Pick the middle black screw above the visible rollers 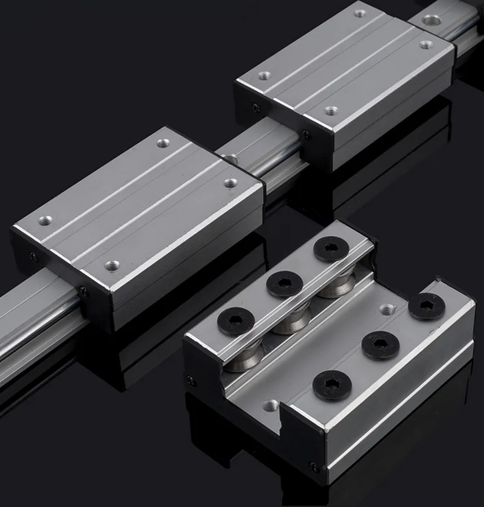[284, 282]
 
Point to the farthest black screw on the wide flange [426, 306]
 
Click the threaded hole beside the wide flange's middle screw [387, 309]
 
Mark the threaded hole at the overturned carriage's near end [271, 406]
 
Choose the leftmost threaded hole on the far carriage [263, 76]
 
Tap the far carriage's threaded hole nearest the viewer [331, 110]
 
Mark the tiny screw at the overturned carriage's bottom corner [315, 467]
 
